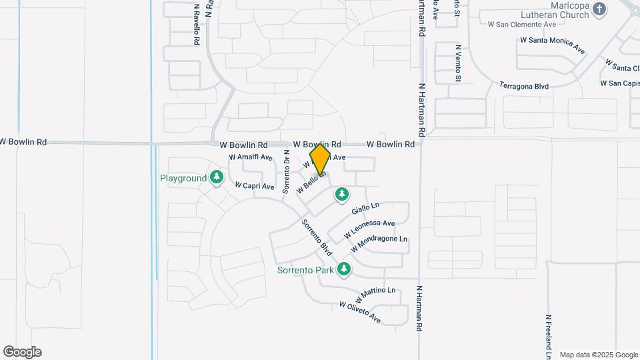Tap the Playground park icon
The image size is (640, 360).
point(216,177)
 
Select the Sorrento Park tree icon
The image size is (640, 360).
point(343,269)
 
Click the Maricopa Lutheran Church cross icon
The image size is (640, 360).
point(599,9)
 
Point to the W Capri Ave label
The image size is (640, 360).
point(253,187)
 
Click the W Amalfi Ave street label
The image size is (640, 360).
point(251,157)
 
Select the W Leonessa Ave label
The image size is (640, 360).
point(369,229)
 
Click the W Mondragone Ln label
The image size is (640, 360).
point(378,243)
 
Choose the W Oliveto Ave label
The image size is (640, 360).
point(359,313)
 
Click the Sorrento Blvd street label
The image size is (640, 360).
point(317,237)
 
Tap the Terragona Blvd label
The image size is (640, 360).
point(524,86)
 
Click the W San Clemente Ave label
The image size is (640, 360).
point(521,24)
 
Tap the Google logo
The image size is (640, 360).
point(22,351)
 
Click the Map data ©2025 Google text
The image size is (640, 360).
point(599,355)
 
